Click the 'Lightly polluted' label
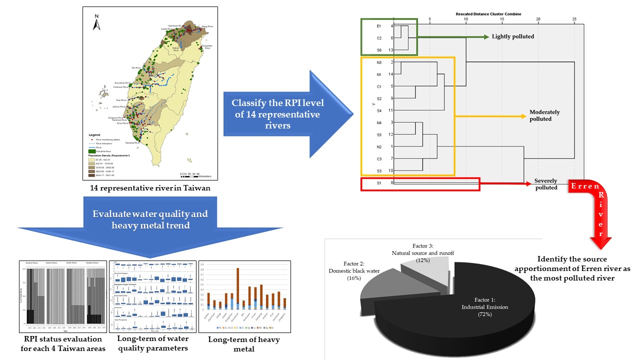pyautogui.click(x=512, y=36)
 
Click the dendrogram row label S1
pyautogui.click(x=379, y=183)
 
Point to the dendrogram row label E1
pyautogui.click(x=379, y=25)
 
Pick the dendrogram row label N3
pyautogui.click(x=379, y=62)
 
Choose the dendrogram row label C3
pyautogui.click(x=379, y=159)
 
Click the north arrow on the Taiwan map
pyautogui.click(x=97, y=23)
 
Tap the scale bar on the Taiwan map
pyautogui.click(x=194, y=175)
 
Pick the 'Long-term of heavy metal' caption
pyautogui.click(x=244, y=344)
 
